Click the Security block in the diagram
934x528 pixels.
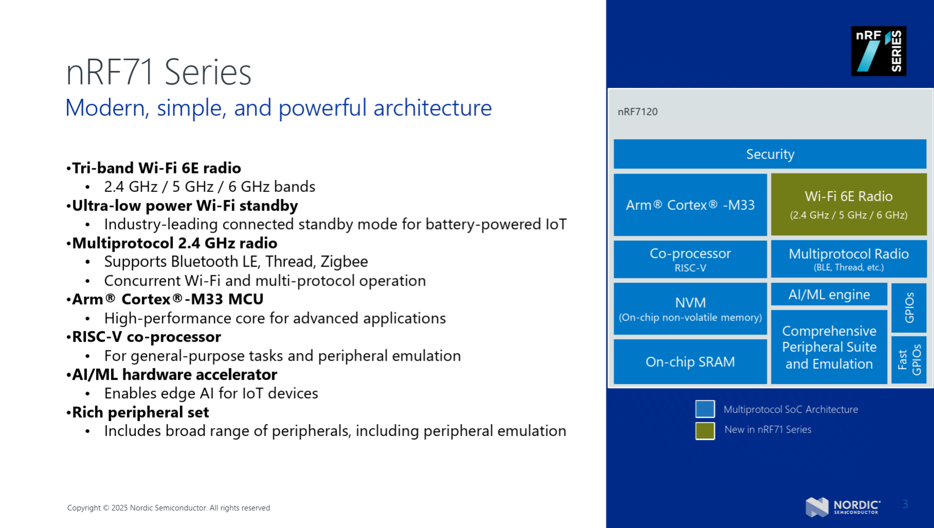point(770,154)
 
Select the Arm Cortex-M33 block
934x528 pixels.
point(690,205)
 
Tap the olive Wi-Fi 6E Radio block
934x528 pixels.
point(849,204)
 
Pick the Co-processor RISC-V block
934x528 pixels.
point(690,259)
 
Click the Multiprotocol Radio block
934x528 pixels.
point(849,259)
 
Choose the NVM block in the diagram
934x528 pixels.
point(690,309)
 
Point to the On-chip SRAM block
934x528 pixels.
point(690,362)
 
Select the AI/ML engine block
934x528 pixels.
point(829,294)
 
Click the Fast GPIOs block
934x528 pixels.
point(909,360)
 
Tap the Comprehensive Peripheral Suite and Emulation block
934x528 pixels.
point(829,347)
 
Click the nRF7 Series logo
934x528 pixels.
point(878,51)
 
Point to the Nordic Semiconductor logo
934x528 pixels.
point(843,506)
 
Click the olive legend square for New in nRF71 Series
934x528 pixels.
point(705,431)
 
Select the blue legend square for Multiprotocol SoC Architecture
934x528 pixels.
point(705,409)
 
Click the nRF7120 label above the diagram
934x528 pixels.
point(638,112)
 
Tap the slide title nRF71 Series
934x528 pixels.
point(158,72)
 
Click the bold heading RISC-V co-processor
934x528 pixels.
point(147,337)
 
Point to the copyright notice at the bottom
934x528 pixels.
point(169,508)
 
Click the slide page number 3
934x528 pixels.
point(905,504)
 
